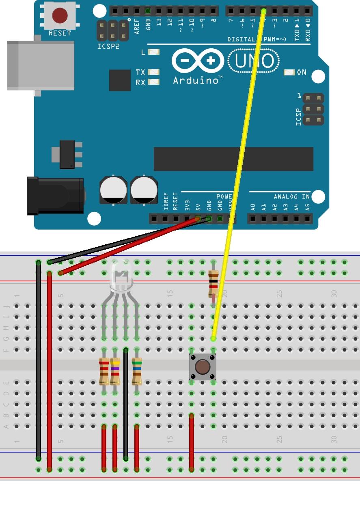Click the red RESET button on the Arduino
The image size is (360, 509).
[60, 16]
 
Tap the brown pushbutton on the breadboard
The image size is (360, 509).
[203, 367]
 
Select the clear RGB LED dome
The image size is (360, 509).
[121, 279]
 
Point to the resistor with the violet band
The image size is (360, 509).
[115, 371]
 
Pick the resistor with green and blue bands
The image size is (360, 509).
[137, 371]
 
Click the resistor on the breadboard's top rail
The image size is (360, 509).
[213, 283]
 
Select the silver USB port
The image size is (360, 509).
[41, 65]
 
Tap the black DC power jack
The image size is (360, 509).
[55, 196]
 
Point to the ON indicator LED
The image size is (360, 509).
[289, 72]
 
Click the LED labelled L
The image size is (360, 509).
[154, 52]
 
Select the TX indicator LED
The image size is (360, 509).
[154, 72]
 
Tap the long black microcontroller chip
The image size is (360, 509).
[233, 159]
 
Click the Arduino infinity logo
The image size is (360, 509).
[198, 61]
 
